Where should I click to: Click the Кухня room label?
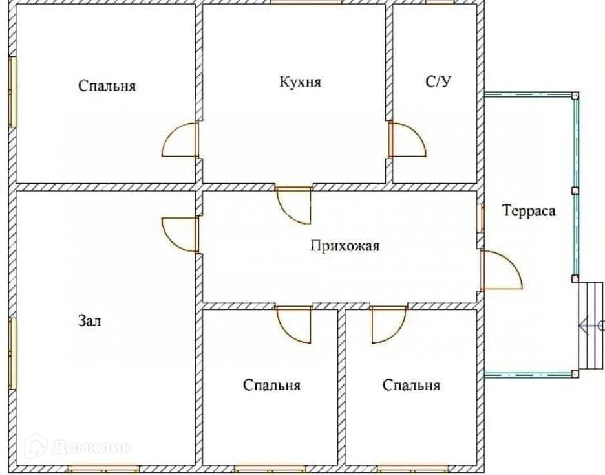coord(301,83)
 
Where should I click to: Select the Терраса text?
coord(529,211)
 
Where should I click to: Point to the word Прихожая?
coord(345,246)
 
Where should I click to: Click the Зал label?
coord(90,320)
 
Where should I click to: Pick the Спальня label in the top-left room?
coord(107,85)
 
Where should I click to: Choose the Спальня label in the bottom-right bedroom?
coord(411,386)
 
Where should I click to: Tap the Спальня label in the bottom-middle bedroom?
coord(272,386)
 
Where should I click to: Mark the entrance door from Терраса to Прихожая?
coord(500,270)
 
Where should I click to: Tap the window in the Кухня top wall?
coord(306,3)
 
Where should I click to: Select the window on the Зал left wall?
coord(12,353)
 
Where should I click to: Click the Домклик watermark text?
coord(90,447)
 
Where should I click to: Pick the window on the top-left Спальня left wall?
coord(12,91)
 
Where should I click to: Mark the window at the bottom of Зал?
coord(103,468)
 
